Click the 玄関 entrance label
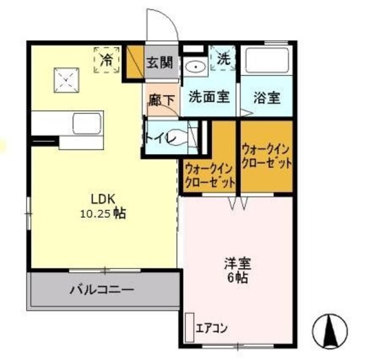pos(160,62)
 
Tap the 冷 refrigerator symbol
pos(106,60)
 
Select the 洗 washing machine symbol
pos(224,59)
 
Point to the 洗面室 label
pos(209,97)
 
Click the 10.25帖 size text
pos(103,214)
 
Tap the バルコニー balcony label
pos(102,290)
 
